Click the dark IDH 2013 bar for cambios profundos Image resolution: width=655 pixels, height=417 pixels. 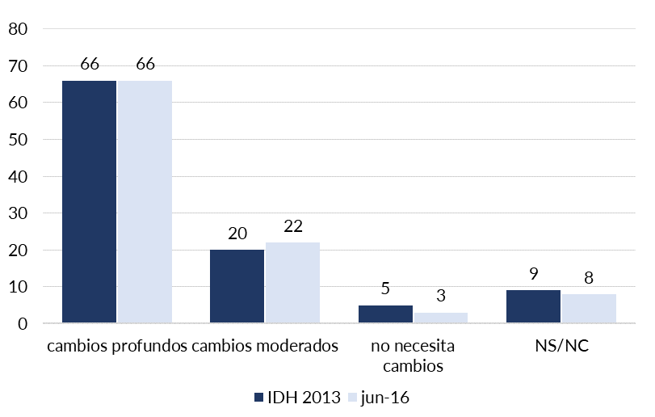click(89, 202)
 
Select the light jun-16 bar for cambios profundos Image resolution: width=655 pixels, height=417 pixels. click(145, 202)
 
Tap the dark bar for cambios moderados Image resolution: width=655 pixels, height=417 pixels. click(237, 287)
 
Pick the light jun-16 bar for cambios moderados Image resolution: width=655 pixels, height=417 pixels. click(292, 283)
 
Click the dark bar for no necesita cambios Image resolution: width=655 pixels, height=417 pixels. click(385, 314)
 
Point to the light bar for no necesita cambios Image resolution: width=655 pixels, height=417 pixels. click(441, 318)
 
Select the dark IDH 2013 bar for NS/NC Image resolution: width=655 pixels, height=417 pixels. click(533, 307)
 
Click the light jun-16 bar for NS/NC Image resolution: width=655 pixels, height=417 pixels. click(589, 309)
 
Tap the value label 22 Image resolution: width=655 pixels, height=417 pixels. click(292, 226)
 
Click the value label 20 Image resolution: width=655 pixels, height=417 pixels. click(237, 234)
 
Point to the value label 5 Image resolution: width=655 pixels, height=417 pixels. click(385, 289)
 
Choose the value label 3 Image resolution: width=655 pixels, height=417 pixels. click(441, 297)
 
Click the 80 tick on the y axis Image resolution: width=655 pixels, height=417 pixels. click(18, 29)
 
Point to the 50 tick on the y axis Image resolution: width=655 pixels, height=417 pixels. click(18, 140)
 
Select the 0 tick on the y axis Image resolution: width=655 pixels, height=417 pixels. click(23, 324)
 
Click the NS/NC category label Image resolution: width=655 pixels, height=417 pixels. click(561, 347)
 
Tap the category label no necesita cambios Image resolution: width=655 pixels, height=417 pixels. click(413, 356)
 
